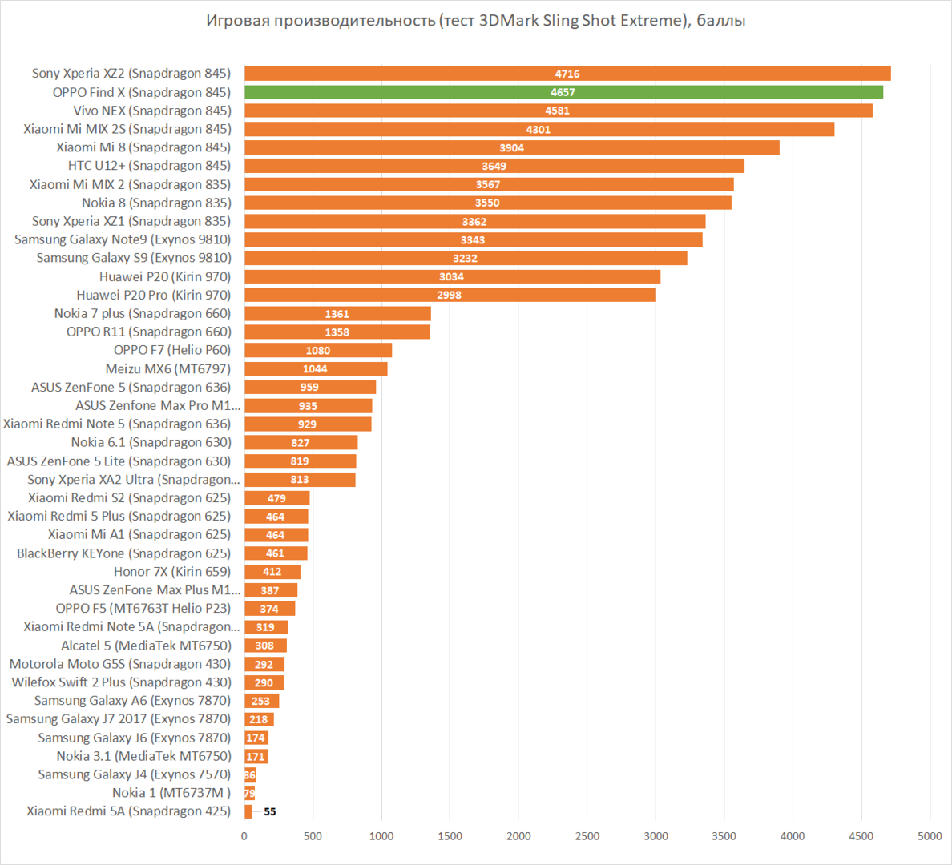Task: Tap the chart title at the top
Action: coord(476,21)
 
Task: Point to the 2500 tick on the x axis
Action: coord(587,836)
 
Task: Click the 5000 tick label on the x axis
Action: coord(930,836)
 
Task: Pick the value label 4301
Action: coord(539,130)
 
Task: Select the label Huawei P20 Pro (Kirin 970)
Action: coord(153,295)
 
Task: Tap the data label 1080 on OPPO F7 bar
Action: coord(318,351)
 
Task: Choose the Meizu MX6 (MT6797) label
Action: coord(167,368)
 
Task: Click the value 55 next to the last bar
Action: coord(270,812)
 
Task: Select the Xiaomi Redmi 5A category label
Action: coord(128,811)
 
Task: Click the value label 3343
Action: coord(473,240)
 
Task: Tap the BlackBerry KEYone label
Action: coord(123,553)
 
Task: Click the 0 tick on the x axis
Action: coord(244,836)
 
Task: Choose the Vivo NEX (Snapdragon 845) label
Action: coord(152,111)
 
